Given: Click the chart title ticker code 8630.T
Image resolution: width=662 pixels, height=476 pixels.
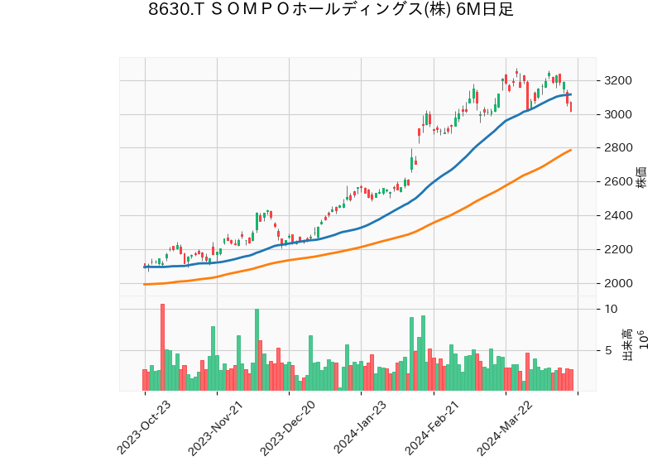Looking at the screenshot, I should tap(175, 10).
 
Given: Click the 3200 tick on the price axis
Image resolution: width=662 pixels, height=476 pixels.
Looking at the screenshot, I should tap(619, 80).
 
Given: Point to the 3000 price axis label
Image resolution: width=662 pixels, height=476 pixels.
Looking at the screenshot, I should tap(619, 114).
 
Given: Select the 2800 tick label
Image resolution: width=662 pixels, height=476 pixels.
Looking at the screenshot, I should tap(619, 148).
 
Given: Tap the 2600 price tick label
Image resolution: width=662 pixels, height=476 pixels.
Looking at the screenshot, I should tap(619, 182).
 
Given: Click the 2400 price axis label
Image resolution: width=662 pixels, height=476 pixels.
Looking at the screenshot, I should tap(619, 215).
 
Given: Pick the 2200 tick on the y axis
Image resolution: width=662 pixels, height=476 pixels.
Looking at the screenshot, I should tap(619, 249).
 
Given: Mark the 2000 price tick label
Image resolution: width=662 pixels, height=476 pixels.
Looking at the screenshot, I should tap(619, 283).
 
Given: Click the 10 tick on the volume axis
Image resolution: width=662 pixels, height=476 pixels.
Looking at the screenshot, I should tap(612, 309).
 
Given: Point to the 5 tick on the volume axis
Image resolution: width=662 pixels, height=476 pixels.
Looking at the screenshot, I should tap(608, 351).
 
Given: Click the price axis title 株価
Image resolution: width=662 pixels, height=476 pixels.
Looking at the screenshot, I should tap(641, 176).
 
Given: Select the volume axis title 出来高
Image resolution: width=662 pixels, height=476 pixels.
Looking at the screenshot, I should tap(627, 343).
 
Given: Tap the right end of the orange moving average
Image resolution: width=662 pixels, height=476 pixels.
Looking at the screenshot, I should tap(571, 150).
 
